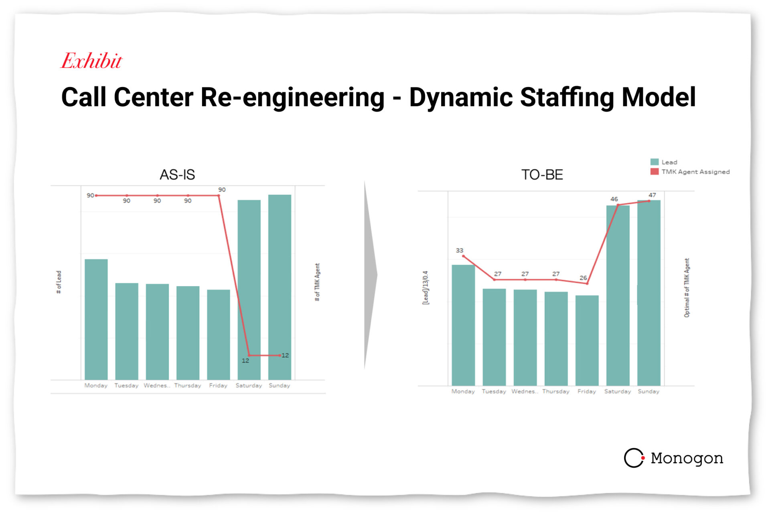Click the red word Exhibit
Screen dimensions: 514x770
click(x=91, y=61)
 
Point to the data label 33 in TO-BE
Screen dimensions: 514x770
click(x=460, y=250)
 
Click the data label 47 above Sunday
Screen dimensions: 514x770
click(x=652, y=195)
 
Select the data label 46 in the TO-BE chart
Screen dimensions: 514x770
click(x=614, y=199)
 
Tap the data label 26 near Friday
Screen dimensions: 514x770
click(x=583, y=278)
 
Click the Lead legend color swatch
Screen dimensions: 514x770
click(x=654, y=162)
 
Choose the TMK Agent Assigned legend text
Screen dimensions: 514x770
click(x=695, y=172)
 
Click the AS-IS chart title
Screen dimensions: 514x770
click(x=177, y=175)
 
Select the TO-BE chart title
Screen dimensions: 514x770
click(x=542, y=175)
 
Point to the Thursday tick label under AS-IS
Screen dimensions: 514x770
click(x=188, y=385)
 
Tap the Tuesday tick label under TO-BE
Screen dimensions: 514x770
click(x=494, y=391)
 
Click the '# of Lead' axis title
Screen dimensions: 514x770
click(x=59, y=282)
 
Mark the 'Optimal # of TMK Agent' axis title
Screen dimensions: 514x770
click(x=687, y=288)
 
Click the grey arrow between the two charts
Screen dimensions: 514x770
click(x=370, y=275)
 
